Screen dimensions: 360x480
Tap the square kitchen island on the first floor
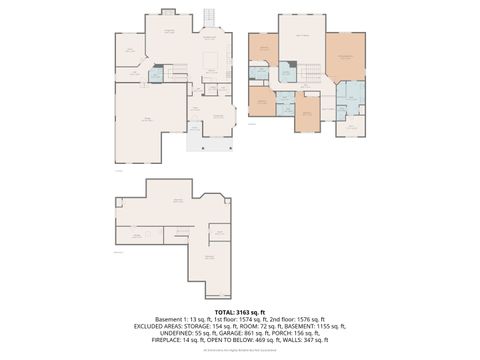(211, 62)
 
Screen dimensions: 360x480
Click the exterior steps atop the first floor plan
(209, 18)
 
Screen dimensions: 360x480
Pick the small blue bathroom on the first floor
(155, 74)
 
